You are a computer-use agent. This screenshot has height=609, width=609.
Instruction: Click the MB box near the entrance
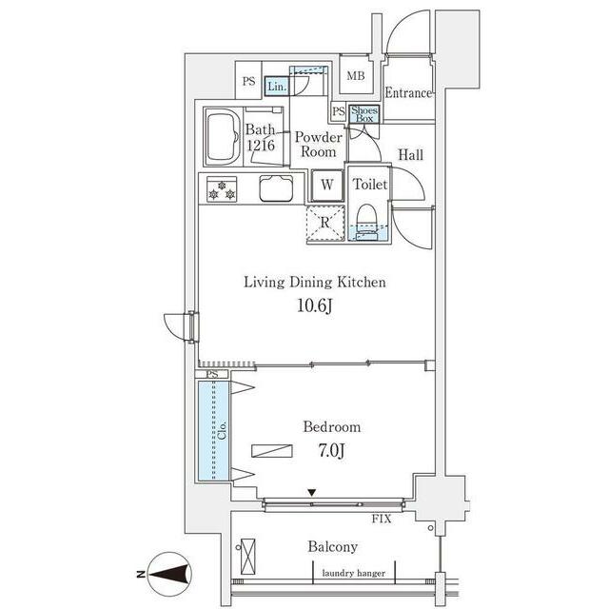point(355,75)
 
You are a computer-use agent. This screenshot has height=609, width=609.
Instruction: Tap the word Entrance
point(409,93)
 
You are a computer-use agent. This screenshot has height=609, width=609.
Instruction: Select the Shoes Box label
point(364,113)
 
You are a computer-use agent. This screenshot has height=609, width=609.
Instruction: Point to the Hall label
point(411,155)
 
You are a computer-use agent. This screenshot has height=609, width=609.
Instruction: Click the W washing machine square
point(326,185)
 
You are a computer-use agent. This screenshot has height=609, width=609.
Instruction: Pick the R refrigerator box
point(324,223)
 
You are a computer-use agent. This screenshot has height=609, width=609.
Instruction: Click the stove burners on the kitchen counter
point(221,188)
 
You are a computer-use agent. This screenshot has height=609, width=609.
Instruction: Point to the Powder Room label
point(318,144)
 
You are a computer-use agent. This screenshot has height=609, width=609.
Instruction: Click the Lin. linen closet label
point(276,87)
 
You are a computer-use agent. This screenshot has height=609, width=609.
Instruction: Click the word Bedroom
point(331,427)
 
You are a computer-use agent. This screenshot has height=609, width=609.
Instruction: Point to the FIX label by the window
point(382,520)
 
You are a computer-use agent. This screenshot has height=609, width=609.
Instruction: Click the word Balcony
point(332,547)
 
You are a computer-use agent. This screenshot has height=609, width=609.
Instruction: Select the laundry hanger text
point(353,573)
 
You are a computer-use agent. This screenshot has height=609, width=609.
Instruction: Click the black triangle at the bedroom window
point(311,492)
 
